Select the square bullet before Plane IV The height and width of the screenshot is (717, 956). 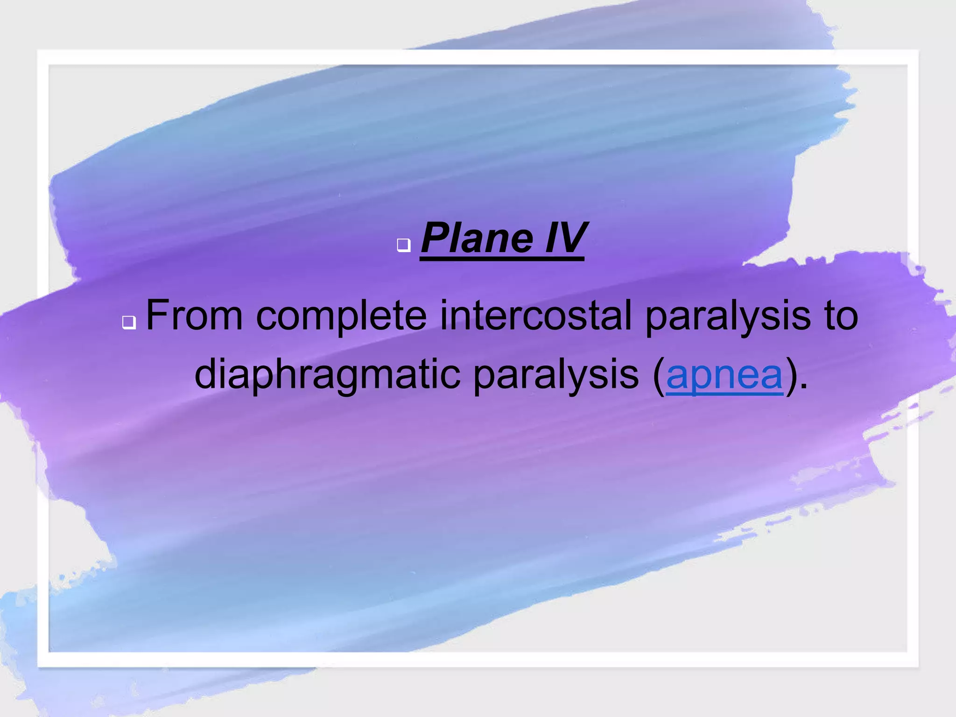pyautogui.click(x=404, y=245)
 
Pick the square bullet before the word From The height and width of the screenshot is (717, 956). pyautogui.click(x=129, y=322)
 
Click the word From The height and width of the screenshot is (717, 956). pyautogui.click(x=194, y=316)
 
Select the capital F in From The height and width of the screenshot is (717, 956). pyautogui.click(x=157, y=316)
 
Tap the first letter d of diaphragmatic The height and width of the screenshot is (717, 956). pyautogui.click(x=205, y=374)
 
